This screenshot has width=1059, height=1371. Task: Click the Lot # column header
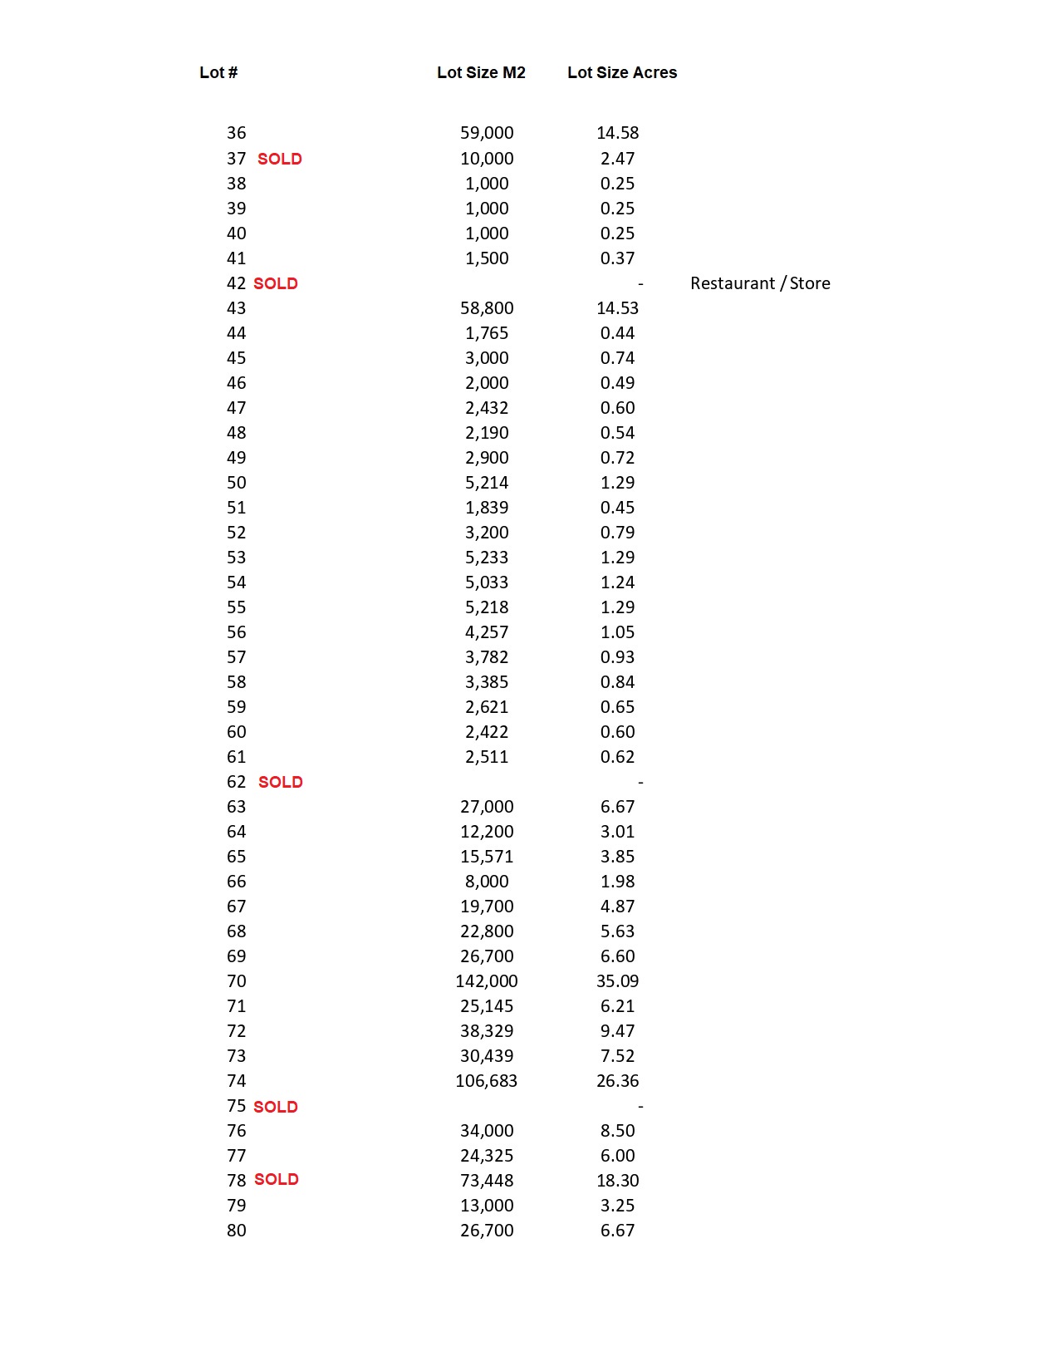218,72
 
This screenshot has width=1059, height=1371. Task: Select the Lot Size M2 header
481,72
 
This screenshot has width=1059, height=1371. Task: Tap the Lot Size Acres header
622,72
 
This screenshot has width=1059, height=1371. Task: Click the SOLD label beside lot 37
279,159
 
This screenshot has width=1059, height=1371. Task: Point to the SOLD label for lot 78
276,1179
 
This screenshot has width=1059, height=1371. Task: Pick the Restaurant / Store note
760,283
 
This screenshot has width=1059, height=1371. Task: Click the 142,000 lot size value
486,981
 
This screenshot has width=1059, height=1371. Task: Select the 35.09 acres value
617,981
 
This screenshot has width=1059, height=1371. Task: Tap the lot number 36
236,133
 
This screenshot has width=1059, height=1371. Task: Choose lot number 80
236,1231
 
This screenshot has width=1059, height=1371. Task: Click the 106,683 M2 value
486,1081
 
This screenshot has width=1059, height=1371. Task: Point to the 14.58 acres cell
617,133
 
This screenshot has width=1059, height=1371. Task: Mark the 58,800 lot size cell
487,308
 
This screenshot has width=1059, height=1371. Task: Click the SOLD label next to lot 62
280,782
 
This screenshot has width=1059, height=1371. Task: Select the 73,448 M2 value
487,1181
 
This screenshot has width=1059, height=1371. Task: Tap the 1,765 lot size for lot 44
487,333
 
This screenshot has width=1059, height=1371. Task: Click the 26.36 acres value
617,1081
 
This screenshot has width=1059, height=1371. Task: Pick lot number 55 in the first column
236,607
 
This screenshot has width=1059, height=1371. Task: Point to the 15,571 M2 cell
487,857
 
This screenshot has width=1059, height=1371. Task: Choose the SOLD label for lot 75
275,1107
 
